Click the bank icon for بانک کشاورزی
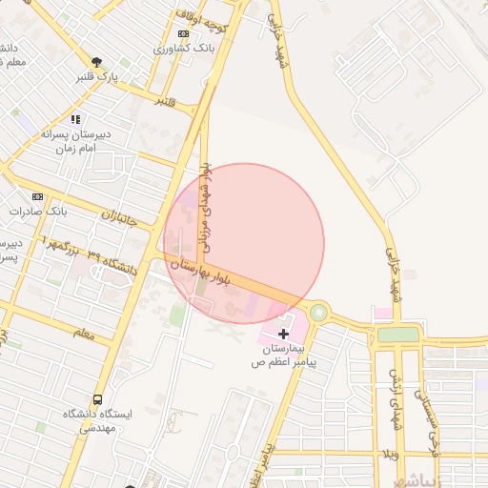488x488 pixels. point(183,33)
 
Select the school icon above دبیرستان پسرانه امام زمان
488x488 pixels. point(75,119)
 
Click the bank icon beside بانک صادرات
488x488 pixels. point(37,196)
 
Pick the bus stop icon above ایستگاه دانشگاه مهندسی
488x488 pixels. point(98,400)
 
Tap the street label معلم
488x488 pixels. point(84,333)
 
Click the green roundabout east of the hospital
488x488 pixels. point(318,313)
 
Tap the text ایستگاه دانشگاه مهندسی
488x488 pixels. point(98,421)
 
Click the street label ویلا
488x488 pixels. point(390,453)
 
